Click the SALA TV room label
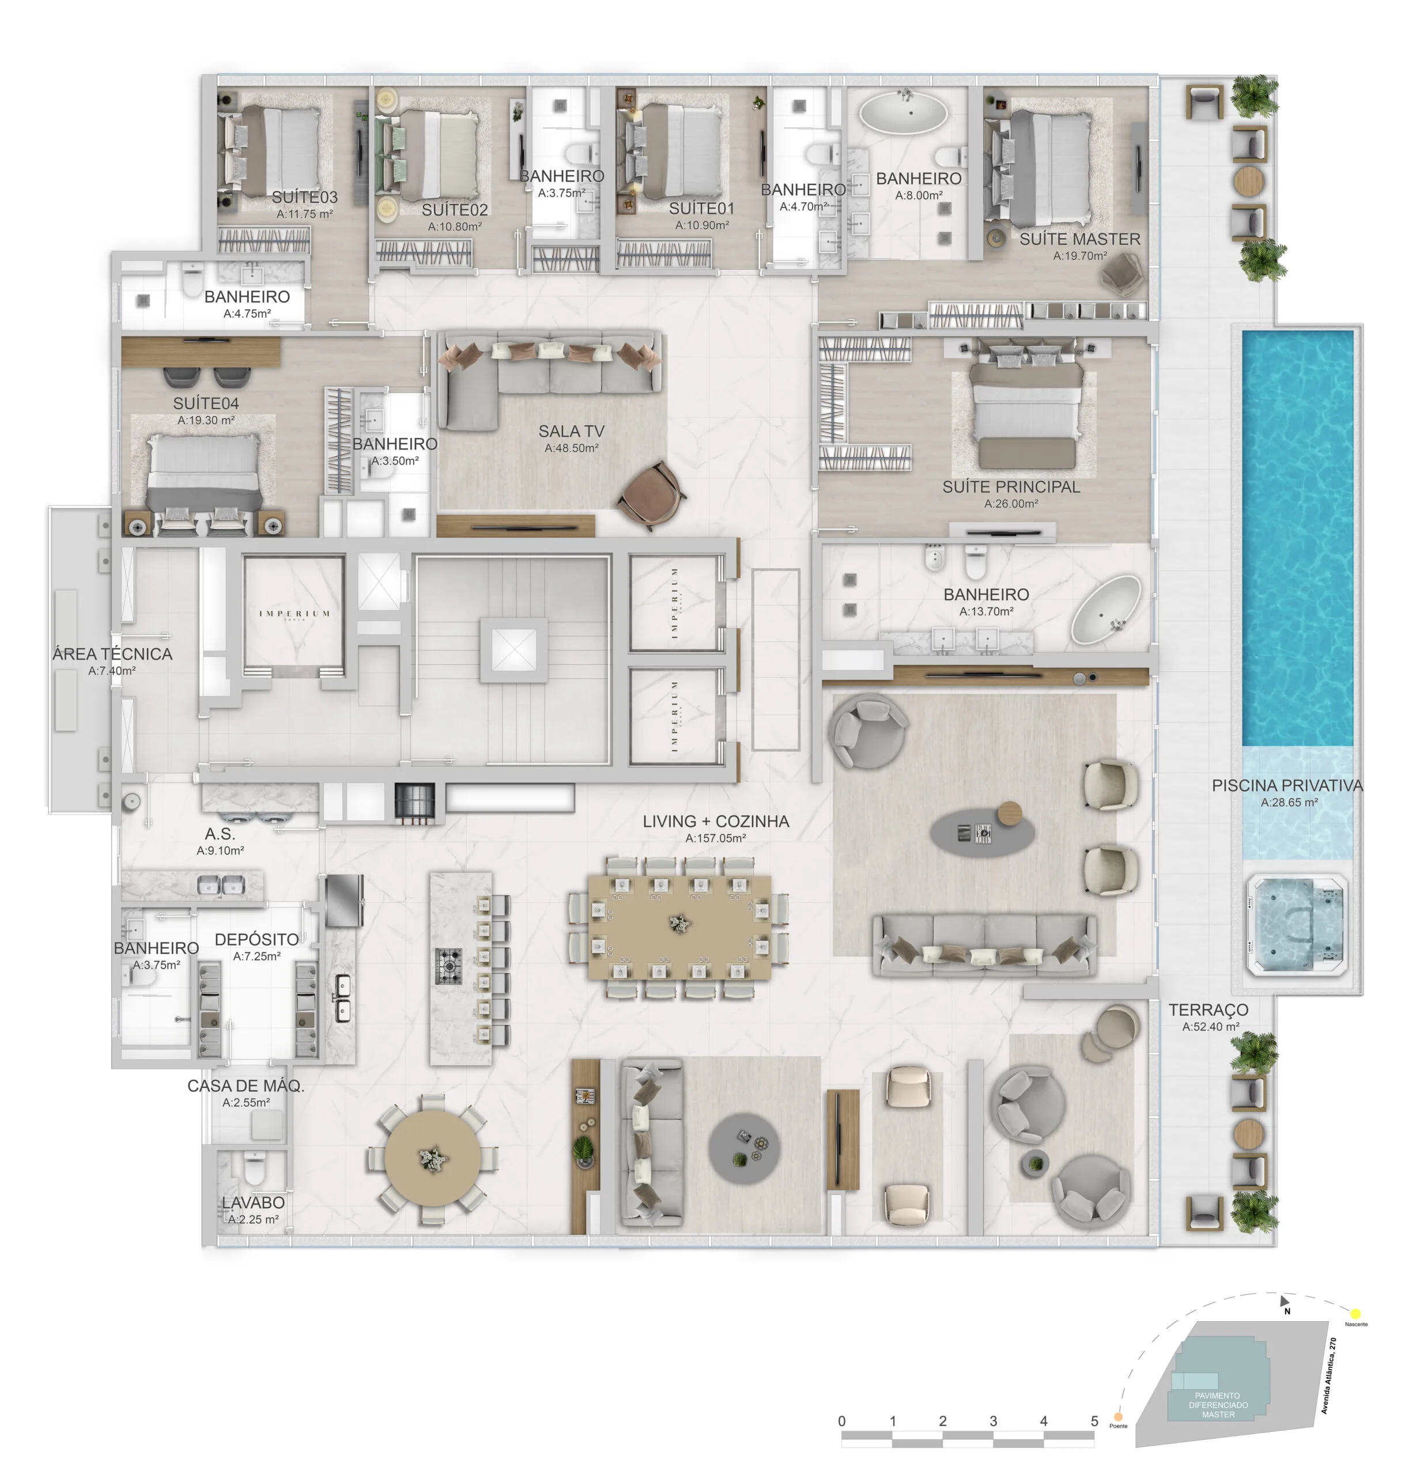pyautogui.click(x=571, y=431)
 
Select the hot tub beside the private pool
pyautogui.click(x=1295, y=926)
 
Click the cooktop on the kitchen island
pyautogui.click(x=449, y=966)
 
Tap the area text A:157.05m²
pyautogui.click(x=715, y=838)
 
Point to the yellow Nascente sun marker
pyautogui.click(x=1354, y=1314)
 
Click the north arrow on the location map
pyautogui.click(x=1284, y=1300)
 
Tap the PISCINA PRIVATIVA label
pyautogui.click(x=1286, y=786)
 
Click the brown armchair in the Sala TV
pyautogui.click(x=652, y=493)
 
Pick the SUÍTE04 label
pyautogui.click(x=206, y=403)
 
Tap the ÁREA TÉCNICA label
pyautogui.click(x=112, y=654)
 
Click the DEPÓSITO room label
pyautogui.click(x=256, y=940)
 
